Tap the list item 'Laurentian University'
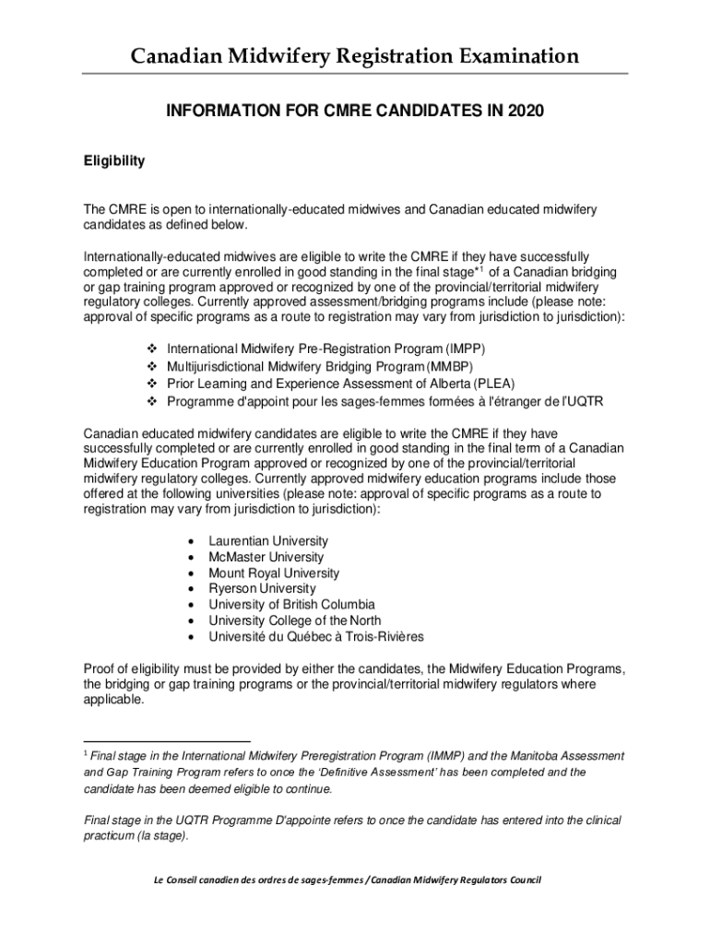tap(268, 541)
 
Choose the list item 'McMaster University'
tap(266, 557)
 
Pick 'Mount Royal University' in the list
tap(274, 572)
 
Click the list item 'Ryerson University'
tap(262, 588)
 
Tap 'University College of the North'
tap(294, 620)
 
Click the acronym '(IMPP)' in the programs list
tap(464, 350)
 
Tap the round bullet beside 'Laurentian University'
tap(190, 541)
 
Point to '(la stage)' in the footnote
tap(160, 836)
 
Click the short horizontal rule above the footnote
tap(167, 740)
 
